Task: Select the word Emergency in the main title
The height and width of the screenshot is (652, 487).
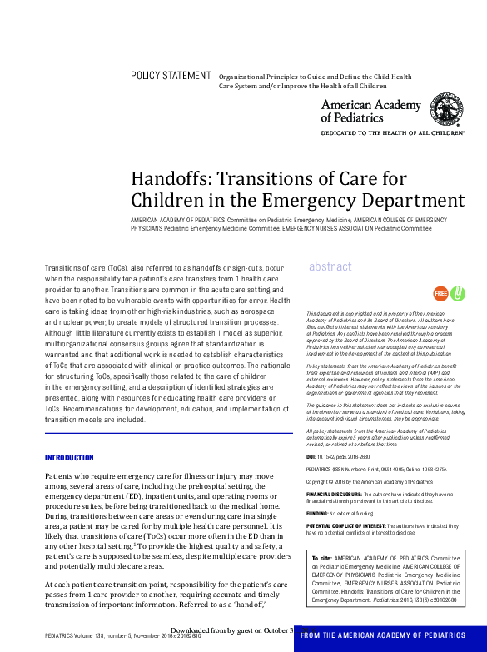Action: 313,201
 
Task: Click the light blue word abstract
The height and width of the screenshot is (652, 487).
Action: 330,266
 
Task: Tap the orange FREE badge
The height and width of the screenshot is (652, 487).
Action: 440,293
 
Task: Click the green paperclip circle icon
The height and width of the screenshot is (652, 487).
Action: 457,293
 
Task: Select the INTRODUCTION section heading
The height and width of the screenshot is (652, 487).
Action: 69,458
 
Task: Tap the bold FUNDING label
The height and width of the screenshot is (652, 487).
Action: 317,514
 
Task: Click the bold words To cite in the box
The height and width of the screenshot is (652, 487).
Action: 321,557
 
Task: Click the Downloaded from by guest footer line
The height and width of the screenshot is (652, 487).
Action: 231,630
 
